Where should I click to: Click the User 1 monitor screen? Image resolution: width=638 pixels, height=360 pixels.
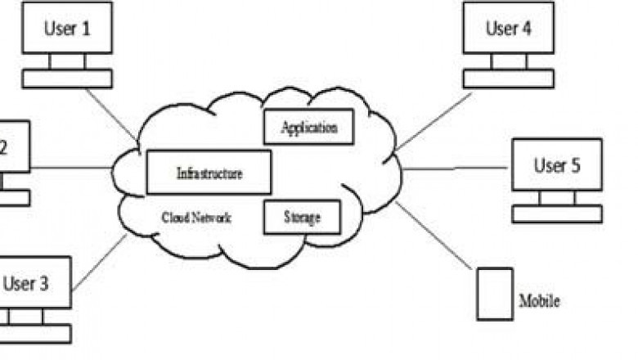tap(66, 29)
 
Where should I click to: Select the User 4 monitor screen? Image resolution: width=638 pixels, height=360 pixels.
tap(508, 29)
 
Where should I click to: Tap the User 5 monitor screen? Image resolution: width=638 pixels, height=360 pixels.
tap(556, 165)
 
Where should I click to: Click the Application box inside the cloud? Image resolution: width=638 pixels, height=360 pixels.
tap(308, 127)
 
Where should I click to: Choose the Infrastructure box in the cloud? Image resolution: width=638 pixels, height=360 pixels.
tap(209, 172)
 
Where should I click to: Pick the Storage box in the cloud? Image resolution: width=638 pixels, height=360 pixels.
tap(301, 217)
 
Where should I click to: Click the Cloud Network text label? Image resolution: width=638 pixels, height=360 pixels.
tap(196, 218)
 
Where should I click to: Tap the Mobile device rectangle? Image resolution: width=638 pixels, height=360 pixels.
tap(495, 293)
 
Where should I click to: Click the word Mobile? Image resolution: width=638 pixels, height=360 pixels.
tap(540, 301)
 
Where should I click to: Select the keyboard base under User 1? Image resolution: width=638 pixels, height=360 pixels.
tap(66, 79)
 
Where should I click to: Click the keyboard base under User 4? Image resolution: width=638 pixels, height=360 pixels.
tap(508, 79)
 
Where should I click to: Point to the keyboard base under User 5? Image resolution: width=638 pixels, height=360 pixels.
tap(556, 214)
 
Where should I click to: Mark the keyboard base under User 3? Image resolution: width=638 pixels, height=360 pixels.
tap(33, 334)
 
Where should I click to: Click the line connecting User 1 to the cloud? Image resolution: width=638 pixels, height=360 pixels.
tap(110, 114)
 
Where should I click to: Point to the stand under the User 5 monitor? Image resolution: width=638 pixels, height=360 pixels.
tap(557, 197)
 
